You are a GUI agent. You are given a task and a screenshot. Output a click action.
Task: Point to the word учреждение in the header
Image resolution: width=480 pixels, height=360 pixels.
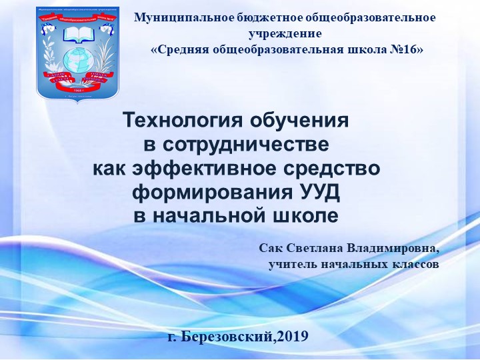[285, 33]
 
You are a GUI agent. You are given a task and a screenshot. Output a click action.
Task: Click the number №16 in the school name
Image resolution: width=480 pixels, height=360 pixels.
[407, 49]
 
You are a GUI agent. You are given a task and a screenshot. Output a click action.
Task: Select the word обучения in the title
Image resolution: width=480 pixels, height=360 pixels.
[297, 121]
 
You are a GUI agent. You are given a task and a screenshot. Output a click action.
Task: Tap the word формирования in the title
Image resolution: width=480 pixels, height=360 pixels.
[208, 193]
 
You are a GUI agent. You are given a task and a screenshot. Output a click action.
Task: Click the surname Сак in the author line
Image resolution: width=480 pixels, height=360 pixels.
[272, 249]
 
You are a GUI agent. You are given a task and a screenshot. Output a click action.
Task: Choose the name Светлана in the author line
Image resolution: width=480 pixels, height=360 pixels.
[316, 249]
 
